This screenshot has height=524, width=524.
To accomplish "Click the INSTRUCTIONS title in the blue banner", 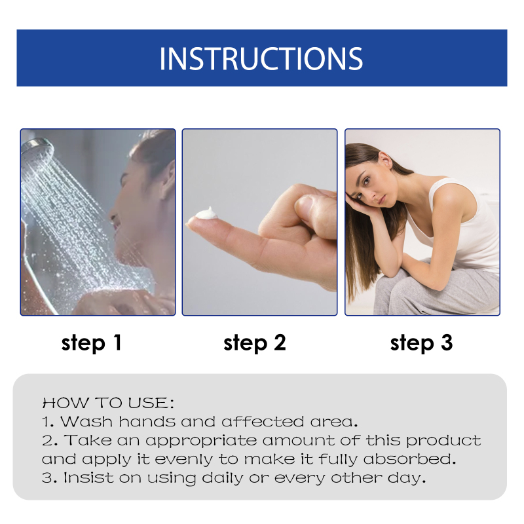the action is point(261,58).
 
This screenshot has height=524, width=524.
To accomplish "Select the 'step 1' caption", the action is point(92,343).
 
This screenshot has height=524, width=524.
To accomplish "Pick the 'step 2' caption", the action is point(255,343).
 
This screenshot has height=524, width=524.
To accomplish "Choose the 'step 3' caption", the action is point(421,343).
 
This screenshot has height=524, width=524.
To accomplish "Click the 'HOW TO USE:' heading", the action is point(108,403).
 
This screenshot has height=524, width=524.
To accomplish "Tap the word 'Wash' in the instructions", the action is point(86,421).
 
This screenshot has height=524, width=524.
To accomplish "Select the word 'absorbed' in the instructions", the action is point(410,459).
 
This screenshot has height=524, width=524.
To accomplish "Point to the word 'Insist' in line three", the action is point(89,477).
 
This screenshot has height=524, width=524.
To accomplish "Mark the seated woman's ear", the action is point(384,160).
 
